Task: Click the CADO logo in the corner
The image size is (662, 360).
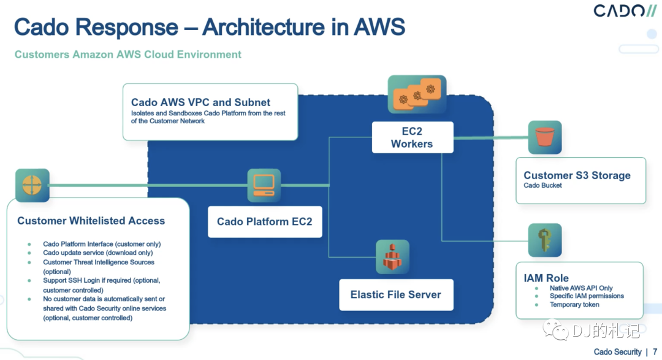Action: [625, 10]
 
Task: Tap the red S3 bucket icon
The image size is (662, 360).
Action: [545, 137]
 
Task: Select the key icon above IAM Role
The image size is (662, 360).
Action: [545, 240]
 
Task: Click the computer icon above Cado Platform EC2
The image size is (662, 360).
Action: [264, 185]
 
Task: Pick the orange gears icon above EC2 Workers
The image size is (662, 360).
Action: [417, 94]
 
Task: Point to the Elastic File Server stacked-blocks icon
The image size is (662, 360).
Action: [392, 256]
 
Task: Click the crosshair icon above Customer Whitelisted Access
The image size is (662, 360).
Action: [32, 185]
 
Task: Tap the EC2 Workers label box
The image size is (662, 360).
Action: [412, 137]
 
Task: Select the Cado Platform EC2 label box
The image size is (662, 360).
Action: [265, 221]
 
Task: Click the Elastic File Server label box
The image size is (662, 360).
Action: [396, 294]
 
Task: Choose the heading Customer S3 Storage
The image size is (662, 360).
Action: [577, 175]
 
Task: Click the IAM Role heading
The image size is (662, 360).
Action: [546, 278]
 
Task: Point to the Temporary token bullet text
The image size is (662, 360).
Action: [574, 305]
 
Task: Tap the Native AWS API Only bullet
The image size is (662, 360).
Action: [581, 288]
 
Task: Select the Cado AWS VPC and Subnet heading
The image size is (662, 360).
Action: [200, 102]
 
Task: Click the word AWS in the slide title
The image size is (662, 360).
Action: [379, 27]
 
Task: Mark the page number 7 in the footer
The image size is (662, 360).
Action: [655, 351]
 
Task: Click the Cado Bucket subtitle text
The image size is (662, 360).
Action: [542, 185]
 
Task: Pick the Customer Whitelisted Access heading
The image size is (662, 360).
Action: [91, 221]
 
